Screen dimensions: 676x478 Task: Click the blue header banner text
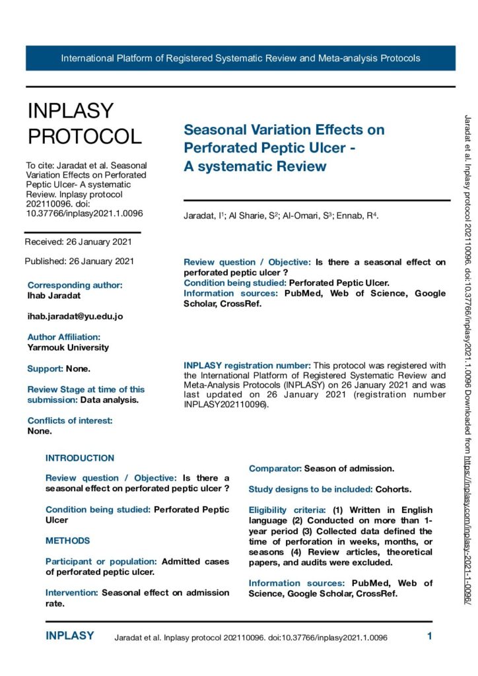point(240,58)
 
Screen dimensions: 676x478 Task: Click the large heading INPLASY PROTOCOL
point(85,123)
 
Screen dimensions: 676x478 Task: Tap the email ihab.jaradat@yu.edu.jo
point(75,316)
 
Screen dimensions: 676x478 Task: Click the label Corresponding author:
point(75,285)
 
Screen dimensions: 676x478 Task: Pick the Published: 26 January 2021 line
point(79,261)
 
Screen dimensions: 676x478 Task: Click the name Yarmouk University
point(69,347)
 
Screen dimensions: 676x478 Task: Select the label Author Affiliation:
point(64,337)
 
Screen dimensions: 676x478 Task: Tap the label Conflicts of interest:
point(70,421)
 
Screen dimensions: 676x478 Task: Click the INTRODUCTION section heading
point(80,458)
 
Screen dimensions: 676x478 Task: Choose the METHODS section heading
point(68,541)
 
